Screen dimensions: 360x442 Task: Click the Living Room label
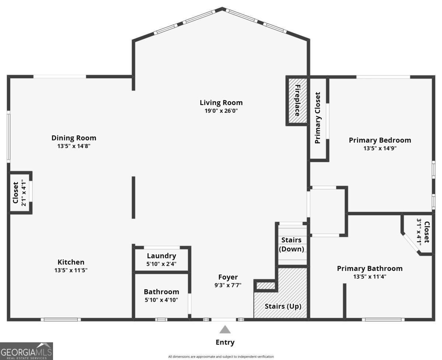point(221,102)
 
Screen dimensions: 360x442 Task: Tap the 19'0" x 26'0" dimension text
point(221,111)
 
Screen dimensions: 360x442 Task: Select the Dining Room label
point(74,138)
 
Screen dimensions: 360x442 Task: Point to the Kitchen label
point(71,262)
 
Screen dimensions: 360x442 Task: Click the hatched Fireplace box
point(297,101)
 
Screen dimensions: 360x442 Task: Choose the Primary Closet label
point(318,118)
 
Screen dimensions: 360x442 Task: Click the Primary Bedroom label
point(380,140)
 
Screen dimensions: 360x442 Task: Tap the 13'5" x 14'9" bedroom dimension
point(380,148)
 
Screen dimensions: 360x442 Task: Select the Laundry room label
point(161,256)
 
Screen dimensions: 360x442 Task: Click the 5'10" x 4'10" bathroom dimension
point(161,300)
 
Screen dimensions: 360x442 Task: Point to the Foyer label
point(228,277)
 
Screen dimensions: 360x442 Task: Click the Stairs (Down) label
point(291,245)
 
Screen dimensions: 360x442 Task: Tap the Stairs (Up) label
point(283,307)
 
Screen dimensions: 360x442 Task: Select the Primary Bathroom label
point(369,268)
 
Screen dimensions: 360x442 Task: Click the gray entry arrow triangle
point(225,330)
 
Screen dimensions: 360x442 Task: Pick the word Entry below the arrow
point(225,342)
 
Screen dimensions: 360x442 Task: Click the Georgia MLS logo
point(27,351)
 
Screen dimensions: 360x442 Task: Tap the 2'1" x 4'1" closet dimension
point(24,193)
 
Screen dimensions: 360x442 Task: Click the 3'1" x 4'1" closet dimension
point(419,232)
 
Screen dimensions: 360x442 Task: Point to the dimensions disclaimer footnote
point(221,357)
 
